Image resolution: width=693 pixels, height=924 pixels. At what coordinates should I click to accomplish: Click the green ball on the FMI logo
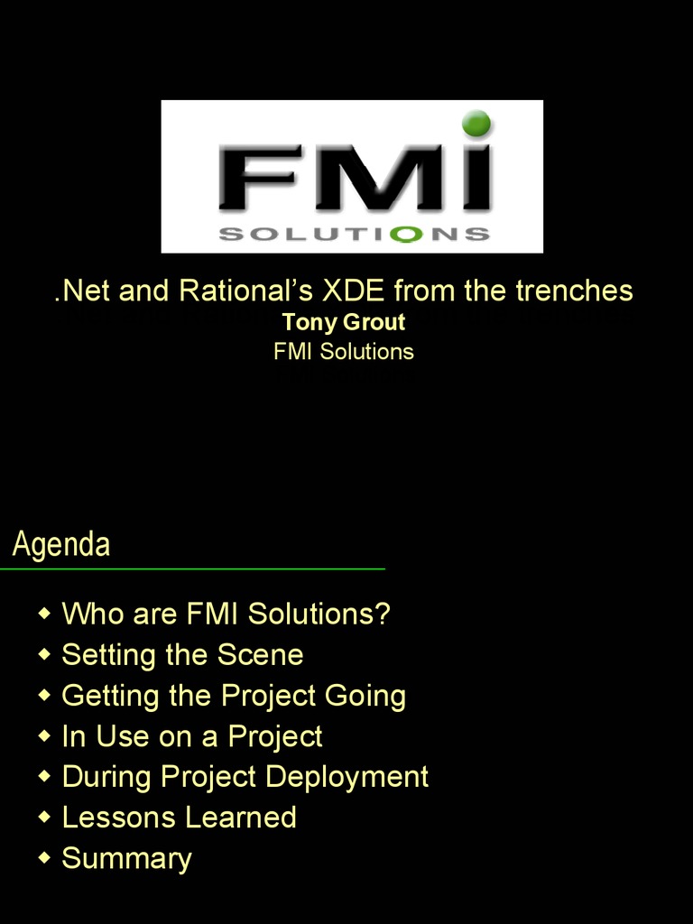point(476,124)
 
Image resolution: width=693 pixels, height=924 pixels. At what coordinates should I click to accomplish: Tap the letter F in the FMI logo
point(258,180)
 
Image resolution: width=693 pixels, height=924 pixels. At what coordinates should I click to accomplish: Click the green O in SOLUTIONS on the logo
point(410,235)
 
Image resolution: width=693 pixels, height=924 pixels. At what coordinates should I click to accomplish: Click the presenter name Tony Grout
point(344,322)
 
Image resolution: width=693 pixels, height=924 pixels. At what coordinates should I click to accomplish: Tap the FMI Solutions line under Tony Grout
point(344,352)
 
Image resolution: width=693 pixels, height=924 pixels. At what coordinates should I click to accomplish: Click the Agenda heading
point(61,545)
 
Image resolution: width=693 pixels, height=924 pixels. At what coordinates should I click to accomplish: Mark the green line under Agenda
point(192,569)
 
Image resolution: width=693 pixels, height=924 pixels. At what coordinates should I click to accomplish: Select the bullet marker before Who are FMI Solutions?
point(44,614)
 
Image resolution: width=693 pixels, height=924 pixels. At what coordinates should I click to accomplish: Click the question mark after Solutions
point(383,614)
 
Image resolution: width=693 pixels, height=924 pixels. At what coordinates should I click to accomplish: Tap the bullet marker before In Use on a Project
point(44,736)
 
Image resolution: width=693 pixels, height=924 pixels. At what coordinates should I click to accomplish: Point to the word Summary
point(126,859)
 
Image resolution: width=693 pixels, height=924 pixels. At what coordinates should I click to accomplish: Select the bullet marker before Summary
point(44,858)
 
